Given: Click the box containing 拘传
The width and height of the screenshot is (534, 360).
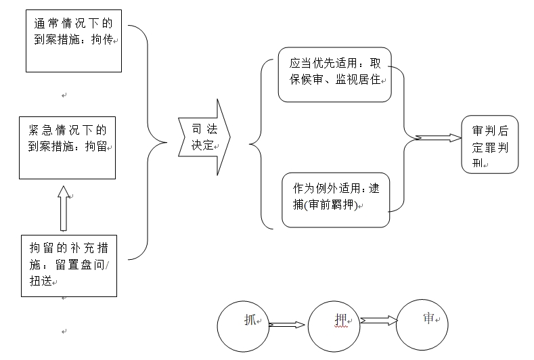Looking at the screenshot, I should [x=73, y=41].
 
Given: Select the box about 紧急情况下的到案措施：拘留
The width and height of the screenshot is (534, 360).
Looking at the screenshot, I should [x=66, y=148].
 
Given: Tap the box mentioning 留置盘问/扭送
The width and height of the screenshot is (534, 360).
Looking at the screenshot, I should [x=69, y=264].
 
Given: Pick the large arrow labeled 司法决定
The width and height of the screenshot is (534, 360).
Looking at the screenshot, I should [x=204, y=137].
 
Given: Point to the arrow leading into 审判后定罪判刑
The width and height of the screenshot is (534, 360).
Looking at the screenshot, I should [x=437, y=138].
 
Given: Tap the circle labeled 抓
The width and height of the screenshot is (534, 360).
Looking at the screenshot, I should [x=244, y=326].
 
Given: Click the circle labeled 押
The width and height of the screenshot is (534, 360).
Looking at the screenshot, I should [x=333, y=327].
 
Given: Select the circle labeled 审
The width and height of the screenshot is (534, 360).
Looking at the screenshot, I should [x=422, y=325].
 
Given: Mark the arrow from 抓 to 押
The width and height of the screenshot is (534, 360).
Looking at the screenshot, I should [x=288, y=325].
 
